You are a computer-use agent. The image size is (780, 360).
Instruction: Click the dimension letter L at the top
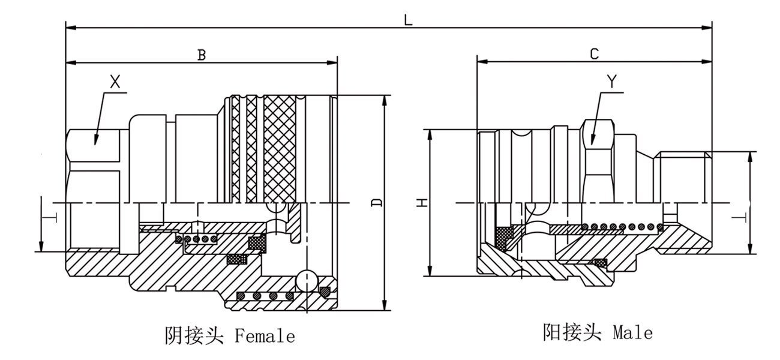(x=408, y=19)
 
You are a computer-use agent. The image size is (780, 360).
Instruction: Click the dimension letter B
(x=202, y=55)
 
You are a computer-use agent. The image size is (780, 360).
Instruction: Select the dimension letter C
(x=594, y=54)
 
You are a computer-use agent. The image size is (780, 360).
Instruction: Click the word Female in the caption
(x=265, y=336)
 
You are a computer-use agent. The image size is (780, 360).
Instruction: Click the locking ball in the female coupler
(x=306, y=278)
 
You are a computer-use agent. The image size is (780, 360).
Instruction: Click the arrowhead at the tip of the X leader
(x=95, y=142)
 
